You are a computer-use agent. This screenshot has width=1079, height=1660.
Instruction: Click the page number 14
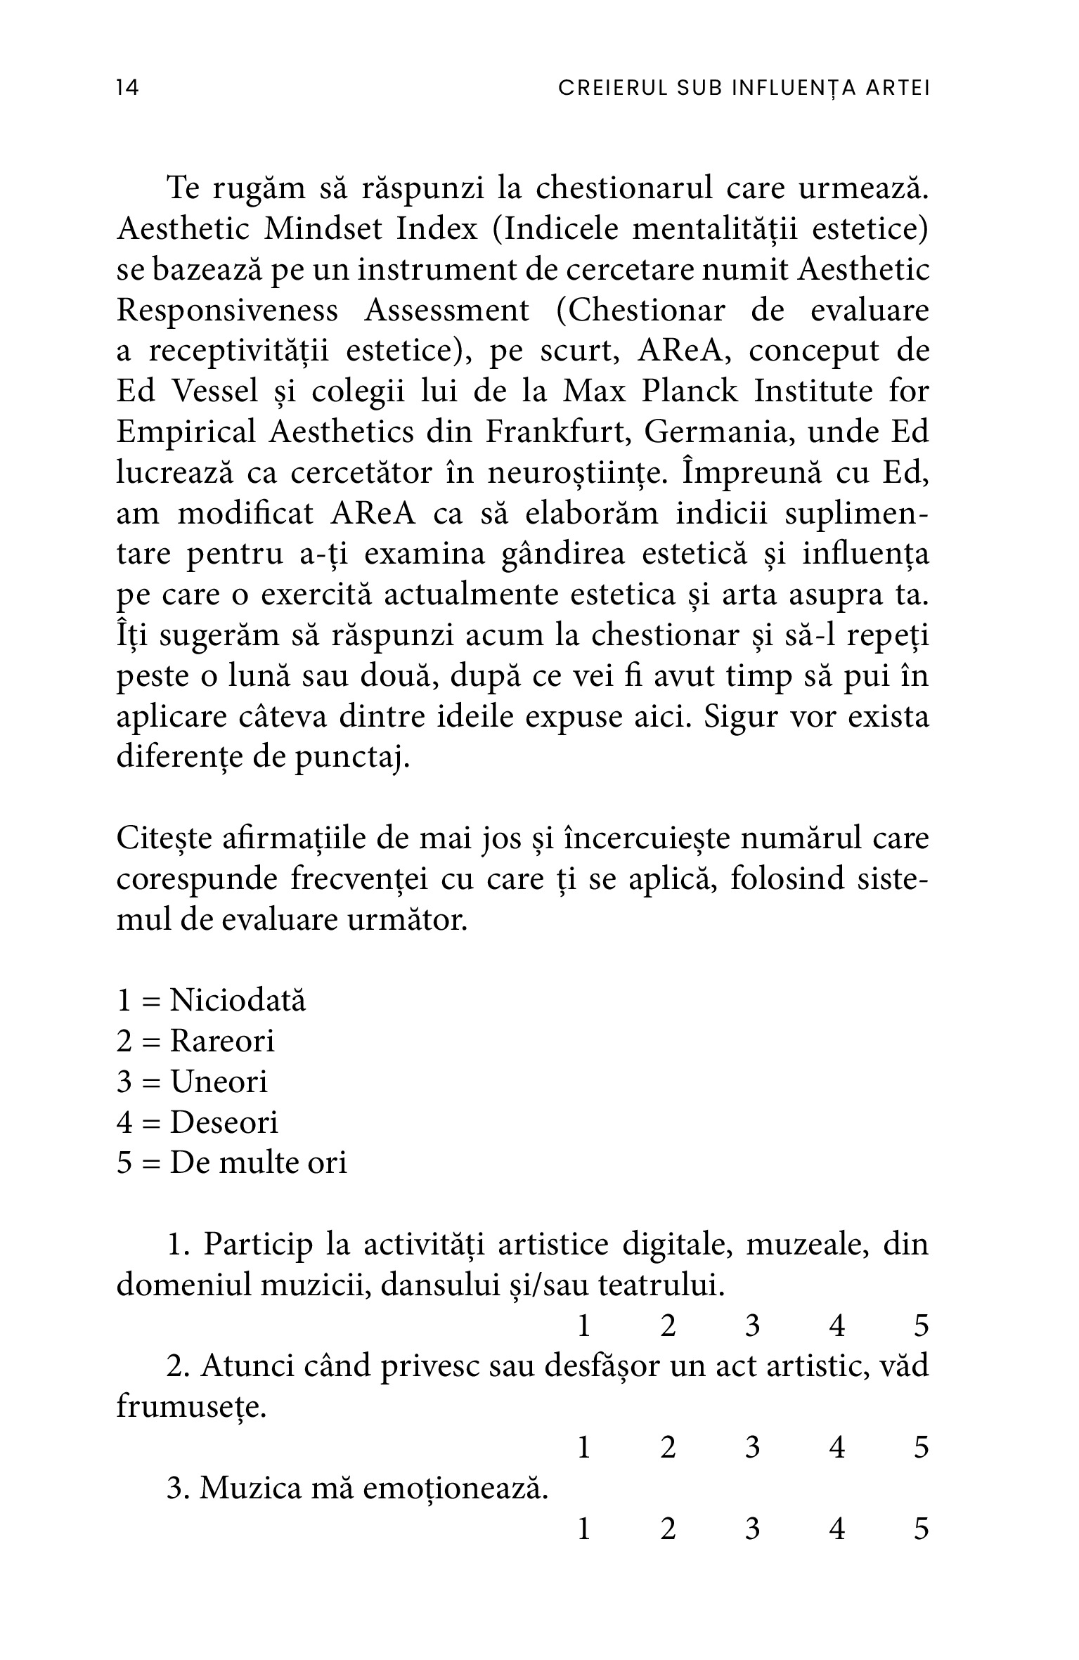pyautogui.click(x=128, y=88)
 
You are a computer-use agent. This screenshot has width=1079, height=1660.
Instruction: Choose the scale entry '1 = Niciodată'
pyautogui.click(x=212, y=1000)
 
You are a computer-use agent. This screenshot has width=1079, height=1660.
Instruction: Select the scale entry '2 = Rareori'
pyautogui.click(x=195, y=1041)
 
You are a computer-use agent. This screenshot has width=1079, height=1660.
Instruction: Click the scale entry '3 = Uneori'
pyautogui.click(x=193, y=1082)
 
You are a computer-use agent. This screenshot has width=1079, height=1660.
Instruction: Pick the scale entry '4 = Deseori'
pyautogui.click(x=198, y=1122)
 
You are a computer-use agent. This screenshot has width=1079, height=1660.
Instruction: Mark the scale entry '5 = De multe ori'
pyautogui.click(x=232, y=1163)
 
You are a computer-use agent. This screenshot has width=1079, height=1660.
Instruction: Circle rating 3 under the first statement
pyautogui.click(x=752, y=1326)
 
